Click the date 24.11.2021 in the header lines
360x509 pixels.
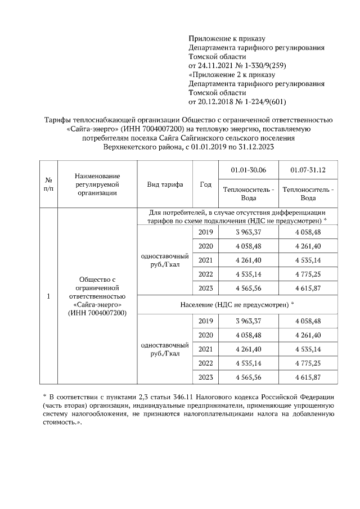point(217,66)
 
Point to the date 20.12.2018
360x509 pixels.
point(217,102)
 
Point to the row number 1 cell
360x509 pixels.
point(48,296)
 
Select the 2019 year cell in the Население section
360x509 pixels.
point(206,321)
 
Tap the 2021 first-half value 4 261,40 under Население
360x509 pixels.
point(248,349)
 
